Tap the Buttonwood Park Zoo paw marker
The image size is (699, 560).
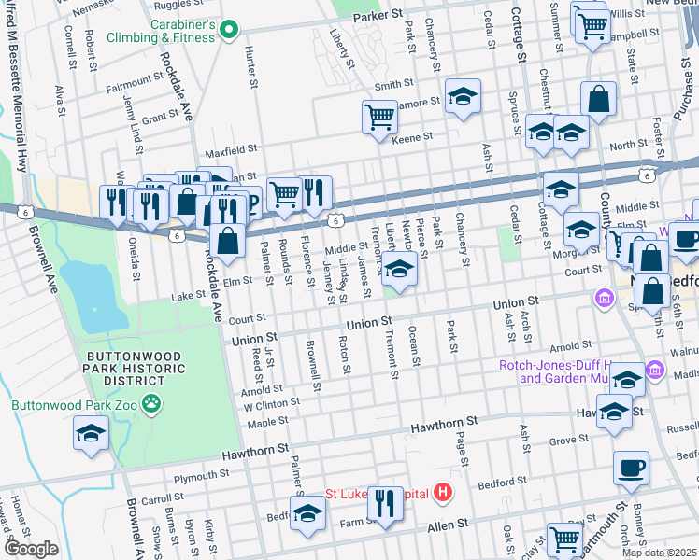[151, 404]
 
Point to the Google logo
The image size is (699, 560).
[30, 549]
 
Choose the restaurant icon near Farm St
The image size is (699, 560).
[385, 503]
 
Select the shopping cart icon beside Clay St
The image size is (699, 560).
[564, 539]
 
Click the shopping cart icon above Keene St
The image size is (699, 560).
[379, 118]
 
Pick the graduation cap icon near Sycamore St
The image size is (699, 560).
[463, 96]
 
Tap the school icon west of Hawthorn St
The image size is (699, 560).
[92, 432]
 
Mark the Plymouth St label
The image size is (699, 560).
[195, 476]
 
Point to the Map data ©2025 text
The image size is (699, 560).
[659, 553]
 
